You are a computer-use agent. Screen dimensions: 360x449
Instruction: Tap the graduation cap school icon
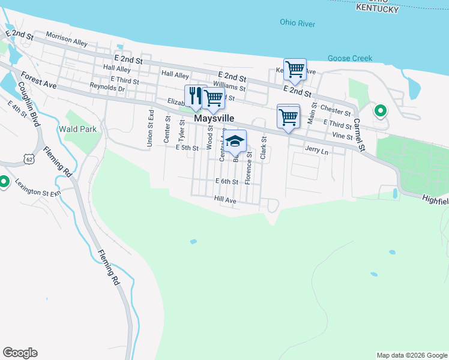[x=236, y=141]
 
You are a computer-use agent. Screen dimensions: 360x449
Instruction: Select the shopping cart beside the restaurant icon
[x=214, y=97]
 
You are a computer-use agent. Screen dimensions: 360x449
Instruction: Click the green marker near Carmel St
[x=380, y=110]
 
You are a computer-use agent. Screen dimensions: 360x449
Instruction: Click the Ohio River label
[x=297, y=23]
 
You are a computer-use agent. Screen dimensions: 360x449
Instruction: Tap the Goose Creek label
[x=349, y=58]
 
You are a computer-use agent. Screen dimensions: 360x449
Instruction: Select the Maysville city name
[x=214, y=119]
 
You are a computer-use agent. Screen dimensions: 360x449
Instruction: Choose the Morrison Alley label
[x=67, y=40]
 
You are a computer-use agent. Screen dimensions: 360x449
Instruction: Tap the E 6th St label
[x=227, y=181]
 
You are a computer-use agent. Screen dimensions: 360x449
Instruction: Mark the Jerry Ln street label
[x=317, y=151]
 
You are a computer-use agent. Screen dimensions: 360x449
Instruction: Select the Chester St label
[x=336, y=111]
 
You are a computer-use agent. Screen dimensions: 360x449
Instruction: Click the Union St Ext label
[x=151, y=131]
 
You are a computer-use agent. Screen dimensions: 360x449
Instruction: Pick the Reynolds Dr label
[x=107, y=88]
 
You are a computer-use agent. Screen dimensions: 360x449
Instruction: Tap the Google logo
[x=20, y=353]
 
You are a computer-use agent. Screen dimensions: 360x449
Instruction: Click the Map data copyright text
[x=411, y=355]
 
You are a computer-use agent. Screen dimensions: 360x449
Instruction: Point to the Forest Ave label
[x=38, y=81]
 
